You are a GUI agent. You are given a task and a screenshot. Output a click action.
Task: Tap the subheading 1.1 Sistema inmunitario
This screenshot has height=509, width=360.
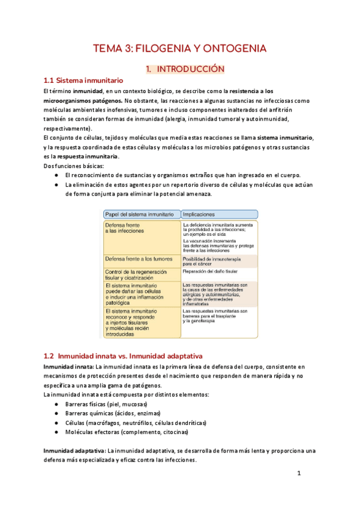[83, 80]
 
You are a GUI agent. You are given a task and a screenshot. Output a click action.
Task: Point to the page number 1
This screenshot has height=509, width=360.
[298, 474]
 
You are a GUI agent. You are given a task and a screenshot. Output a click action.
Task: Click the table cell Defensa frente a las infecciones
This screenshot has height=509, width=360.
[125, 227]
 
